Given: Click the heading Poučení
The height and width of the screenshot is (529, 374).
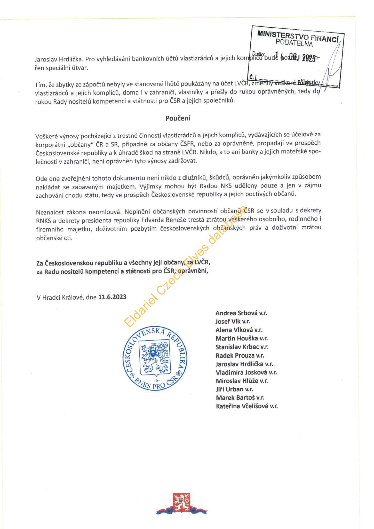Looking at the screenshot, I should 178,118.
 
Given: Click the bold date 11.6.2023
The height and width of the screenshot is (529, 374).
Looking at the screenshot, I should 112,297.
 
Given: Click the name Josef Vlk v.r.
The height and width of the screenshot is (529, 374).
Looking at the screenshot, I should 233,322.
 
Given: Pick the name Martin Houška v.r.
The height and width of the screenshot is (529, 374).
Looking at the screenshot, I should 242,338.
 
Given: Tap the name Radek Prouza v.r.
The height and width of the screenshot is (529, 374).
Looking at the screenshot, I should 240,355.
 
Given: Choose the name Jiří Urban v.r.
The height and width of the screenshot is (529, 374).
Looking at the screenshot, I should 234,389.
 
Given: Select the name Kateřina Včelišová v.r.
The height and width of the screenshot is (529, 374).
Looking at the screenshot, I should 247,406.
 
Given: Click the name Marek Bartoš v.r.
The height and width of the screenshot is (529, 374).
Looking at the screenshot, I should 240,398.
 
